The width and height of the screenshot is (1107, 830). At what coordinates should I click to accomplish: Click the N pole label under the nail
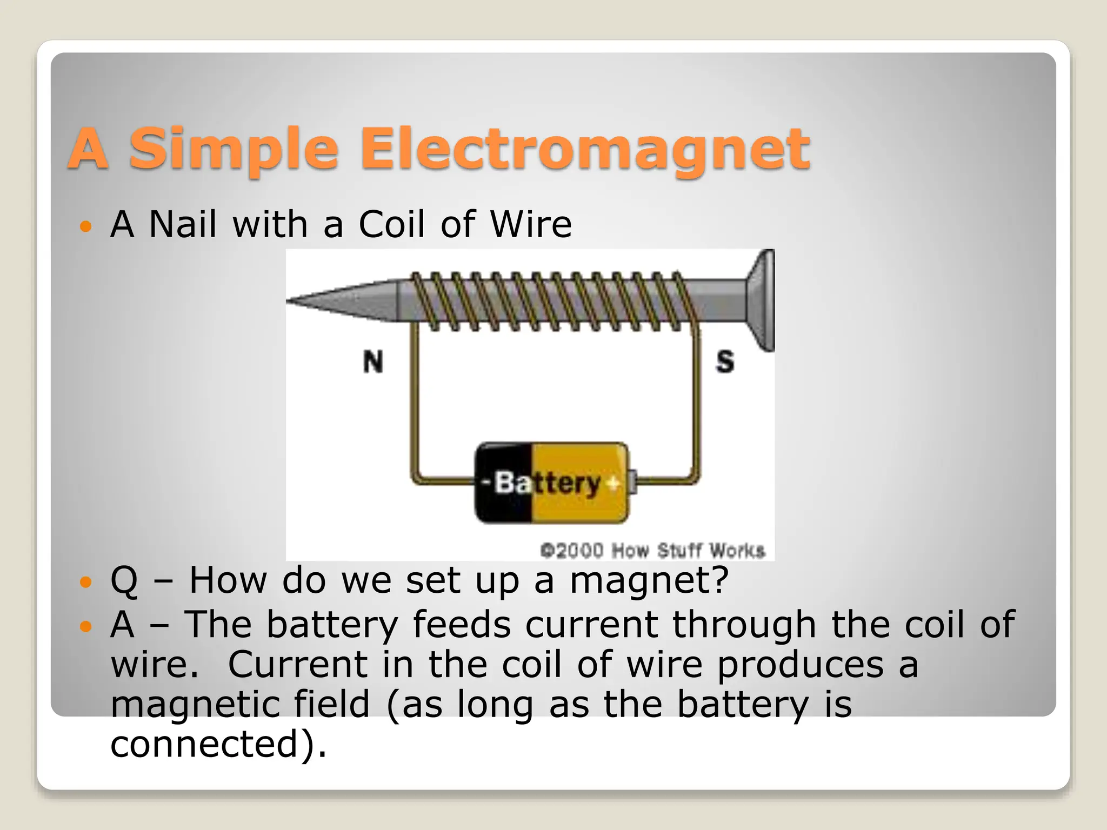[x=373, y=362]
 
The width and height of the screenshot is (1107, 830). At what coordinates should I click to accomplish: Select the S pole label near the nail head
[x=725, y=361]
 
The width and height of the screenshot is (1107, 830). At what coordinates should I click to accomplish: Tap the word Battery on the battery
[x=547, y=483]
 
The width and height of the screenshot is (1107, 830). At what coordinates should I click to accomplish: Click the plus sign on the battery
[x=613, y=483]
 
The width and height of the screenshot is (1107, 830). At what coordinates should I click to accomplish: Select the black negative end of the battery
[x=500, y=483]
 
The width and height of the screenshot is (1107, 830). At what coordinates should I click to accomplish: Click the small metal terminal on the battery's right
[x=632, y=483]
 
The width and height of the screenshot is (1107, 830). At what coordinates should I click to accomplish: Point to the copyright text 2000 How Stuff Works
[x=653, y=551]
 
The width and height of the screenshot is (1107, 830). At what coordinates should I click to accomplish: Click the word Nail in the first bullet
[x=183, y=224]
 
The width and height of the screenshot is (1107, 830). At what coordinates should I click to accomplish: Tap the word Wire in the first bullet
[x=531, y=224]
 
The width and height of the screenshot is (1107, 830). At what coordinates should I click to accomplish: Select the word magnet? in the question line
[x=649, y=580]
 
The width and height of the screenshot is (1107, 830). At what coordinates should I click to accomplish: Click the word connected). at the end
[x=218, y=744]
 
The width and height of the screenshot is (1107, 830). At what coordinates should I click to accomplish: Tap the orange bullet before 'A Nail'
[x=85, y=226]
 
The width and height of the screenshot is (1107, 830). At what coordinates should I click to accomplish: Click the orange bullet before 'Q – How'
[x=85, y=583]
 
